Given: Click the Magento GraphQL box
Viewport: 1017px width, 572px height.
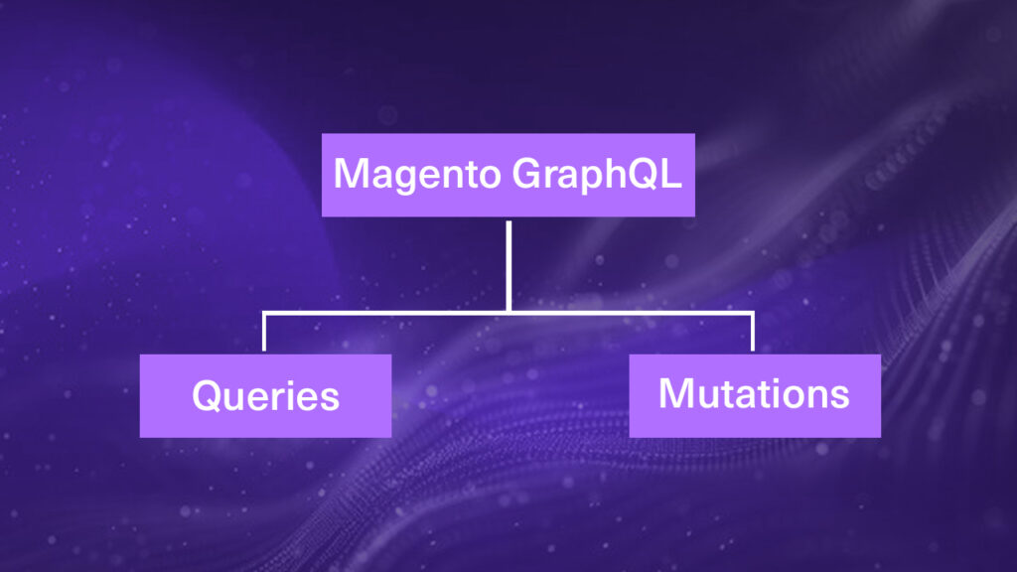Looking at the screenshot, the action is [508, 175].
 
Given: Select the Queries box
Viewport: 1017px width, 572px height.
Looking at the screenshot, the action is [265, 395].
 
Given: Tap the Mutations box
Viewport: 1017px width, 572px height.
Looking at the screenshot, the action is [755, 395].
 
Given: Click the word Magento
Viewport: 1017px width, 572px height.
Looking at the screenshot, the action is [418, 175].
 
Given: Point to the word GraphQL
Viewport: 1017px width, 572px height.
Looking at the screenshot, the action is [597, 175].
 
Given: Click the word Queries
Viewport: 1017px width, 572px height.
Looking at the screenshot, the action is [265, 395].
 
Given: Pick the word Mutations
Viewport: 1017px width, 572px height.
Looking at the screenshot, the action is [754, 393].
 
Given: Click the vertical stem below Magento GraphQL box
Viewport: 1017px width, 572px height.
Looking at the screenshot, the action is [508, 266].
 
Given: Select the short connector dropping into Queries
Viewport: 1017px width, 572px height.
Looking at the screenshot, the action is [264, 332].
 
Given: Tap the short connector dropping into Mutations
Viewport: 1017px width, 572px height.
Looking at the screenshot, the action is [753, 332].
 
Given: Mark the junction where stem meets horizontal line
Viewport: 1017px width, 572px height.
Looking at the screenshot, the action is [508, 313].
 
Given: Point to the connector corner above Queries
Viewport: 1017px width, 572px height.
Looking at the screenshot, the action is [264, 313].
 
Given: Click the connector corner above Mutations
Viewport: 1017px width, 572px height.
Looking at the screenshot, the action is [753, 313].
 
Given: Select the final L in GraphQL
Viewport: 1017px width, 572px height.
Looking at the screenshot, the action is [673, 173].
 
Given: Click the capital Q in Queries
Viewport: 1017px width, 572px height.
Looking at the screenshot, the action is [208, 395].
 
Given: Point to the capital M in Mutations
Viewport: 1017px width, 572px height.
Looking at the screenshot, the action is [675, 393].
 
